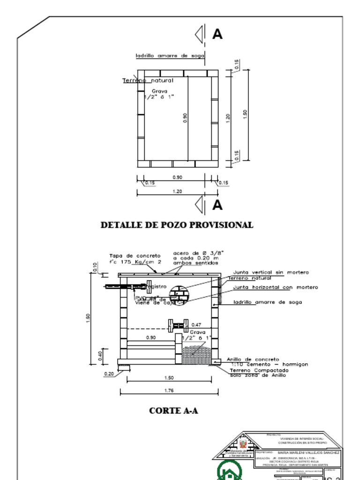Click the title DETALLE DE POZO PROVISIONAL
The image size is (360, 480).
(x=177, y=225)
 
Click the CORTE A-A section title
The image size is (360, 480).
(x=173, y=411)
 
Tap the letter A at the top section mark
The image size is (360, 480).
(x=217, y=34)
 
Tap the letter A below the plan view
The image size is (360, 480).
(x=217, y=205)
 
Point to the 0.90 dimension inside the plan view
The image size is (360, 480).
(x=185, y=118)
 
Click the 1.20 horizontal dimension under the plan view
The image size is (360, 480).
(x=177, y=191)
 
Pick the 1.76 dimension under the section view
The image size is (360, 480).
(x=169, y=390)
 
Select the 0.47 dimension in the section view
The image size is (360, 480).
(x=196, y=324)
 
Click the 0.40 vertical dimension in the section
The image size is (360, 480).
(x=100, y=356)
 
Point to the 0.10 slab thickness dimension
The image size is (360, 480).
(x=95, y=267)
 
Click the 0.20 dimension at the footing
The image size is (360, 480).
(x=109, y=374)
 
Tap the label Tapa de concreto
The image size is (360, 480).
(x=135, y=256)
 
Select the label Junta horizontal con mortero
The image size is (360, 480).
(x=275, y=287)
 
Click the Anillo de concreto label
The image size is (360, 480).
(x=253, y=360)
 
